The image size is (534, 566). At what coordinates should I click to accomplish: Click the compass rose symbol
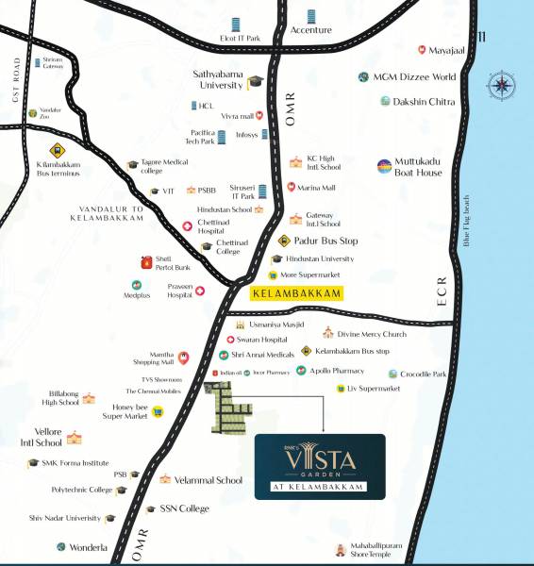pyautogui.click(x=499, y=87)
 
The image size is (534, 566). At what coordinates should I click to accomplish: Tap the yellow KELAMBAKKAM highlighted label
pyautogui.click(x=296, y=294)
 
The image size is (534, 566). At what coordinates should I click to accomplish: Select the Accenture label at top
pyautogui.click(x=311, y=30)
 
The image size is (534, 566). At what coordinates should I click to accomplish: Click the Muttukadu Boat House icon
pyautogui.click(x=384, y=167)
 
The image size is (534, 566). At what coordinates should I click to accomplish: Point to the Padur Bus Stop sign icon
pyautogui.click(x=284, y=241)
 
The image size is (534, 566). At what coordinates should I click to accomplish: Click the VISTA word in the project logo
pyautogui.click(x=320, y=461)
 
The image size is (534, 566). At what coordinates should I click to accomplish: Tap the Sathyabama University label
pyautogui.click(x=218, y=77)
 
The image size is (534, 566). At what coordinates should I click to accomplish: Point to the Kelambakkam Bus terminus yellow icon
pyautogui.click(x=57, y=149)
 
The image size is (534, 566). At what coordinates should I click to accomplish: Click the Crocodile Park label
pyautogui.click(x=423, y=374)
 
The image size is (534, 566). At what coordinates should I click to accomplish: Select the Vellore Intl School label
pyautogui.click(x=35, y=437)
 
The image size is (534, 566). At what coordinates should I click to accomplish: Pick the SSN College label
pyautogui.click(x=184, y=508)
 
